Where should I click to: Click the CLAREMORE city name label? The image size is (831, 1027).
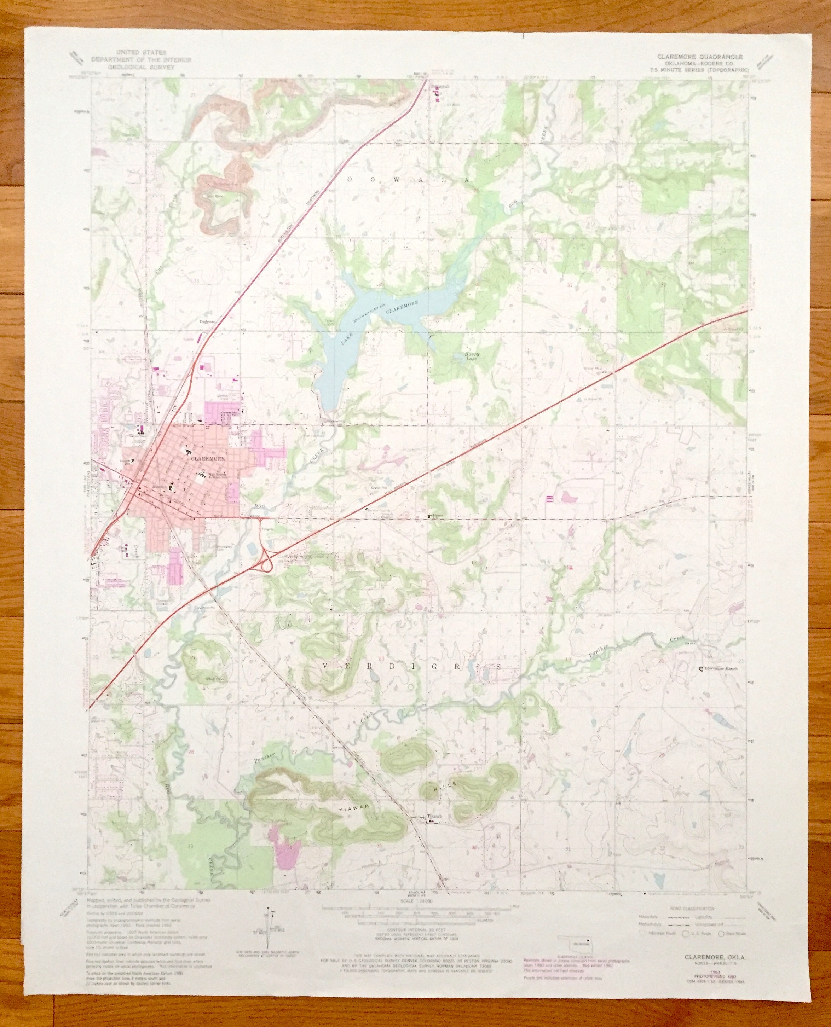(x=208, y=458)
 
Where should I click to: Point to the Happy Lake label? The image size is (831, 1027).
(x=472, y=356)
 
